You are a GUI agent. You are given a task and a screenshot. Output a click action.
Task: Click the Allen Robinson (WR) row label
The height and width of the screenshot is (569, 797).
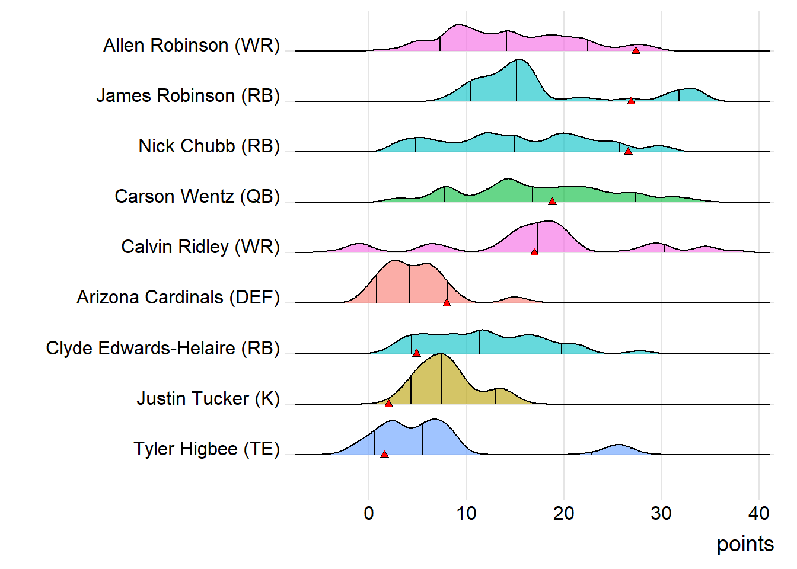(192, 45)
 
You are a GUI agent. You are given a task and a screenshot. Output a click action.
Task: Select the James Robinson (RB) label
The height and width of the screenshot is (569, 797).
(188, 95)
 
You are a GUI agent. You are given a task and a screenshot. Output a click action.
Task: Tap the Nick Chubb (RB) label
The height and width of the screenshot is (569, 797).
(209, 146)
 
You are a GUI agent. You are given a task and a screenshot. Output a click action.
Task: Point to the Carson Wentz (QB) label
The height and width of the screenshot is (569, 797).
(197, 196)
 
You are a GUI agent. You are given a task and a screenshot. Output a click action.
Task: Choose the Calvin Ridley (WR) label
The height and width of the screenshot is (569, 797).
(200, 247)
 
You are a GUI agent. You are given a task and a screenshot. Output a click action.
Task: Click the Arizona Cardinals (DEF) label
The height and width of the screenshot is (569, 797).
(178, 297)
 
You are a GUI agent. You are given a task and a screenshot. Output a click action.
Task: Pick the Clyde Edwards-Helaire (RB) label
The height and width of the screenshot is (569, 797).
(162, 348)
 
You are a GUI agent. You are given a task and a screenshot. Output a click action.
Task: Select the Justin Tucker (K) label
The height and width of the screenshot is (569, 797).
(208, 398)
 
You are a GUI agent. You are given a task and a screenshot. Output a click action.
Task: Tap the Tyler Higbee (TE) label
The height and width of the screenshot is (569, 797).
(206, 449)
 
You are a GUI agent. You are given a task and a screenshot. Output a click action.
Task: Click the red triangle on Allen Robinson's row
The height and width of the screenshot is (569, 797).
(636, 50)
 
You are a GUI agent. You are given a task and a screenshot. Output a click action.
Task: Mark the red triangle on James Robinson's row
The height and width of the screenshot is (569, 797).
(631, 101)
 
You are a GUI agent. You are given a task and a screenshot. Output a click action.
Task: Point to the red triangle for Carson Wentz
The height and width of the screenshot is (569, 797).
(552, 202)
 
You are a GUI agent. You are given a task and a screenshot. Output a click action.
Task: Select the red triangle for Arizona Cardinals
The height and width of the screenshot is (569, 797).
(447, 302)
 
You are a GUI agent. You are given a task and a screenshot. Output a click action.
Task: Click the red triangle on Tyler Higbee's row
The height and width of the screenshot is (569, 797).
(384, 454)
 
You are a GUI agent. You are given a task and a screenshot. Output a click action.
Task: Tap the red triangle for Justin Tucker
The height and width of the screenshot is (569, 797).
(388, 404)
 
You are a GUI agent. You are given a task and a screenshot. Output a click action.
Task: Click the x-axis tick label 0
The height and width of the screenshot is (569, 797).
(369, 513)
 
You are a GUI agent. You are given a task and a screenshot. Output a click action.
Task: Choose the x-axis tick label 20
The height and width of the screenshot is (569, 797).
(563, 513)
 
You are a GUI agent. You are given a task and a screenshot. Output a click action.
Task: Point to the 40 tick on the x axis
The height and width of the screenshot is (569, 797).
(758, 513)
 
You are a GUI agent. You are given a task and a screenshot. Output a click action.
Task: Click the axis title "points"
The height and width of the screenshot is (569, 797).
(745, 544)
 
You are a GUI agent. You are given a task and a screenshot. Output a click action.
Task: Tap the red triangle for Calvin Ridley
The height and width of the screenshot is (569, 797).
(534, 252)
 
